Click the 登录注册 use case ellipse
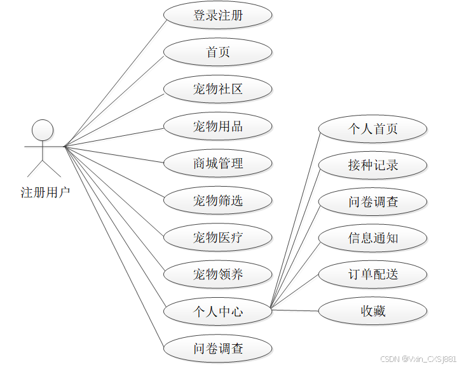pyautogui.click(x=218, y=16)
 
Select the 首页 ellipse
pyautogui.click(x=218, y=52)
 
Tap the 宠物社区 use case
pyautogui.click(x=218, y=89)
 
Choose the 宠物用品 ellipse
pyautogui.click(x=218, y=126)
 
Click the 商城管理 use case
pyautogui.click(x=218, y=163)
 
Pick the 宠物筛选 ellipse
pyautogui.click(x=218, y=201)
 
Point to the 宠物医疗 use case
pyautogui.click(x=218, y=238)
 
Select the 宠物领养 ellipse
pyautogui.click(x=218, y=275)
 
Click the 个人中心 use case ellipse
pyautogui.click(x=218, y=312)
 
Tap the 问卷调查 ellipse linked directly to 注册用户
pyautogui.click(x=218, y=349)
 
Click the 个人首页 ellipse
pyautogui.click(x=372, y=129)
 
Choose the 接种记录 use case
pyautogui.click(x=372, y=165)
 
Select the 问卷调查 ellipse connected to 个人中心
pyautogui.click(x=372, y=202)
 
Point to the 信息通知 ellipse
pyautogui.click(x=372, y=238)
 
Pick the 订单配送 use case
pyautogui.click(x=372, y=275)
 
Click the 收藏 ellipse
pyautogui.click(x=372, y=311)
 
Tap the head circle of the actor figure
pyautogui.click(x=43, y=130)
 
